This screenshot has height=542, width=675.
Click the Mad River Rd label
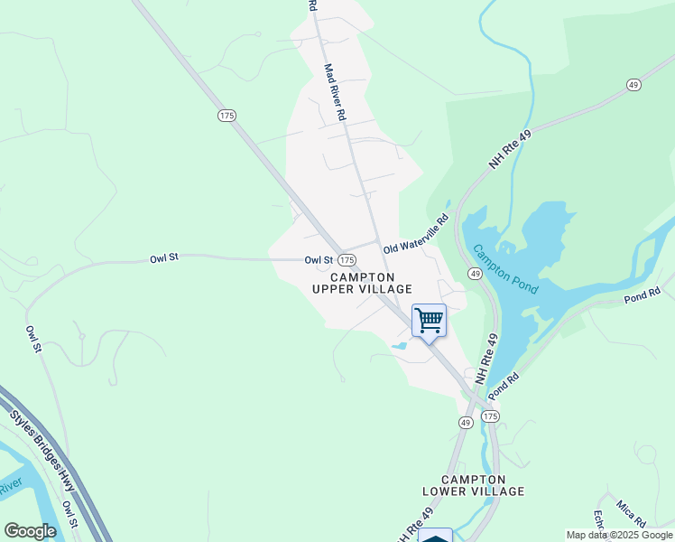coord(334,92)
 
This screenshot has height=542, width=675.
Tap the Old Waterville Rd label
coord(416,234)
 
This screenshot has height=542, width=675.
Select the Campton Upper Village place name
coord(362,283)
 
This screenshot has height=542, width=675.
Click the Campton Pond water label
coord(505,269)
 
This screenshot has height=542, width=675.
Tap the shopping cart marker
coord(429,321)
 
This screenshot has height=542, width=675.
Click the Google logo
coord(30,531)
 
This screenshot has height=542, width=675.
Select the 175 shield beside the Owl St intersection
coord(347,260)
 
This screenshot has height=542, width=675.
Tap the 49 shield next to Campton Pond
coord(475,273)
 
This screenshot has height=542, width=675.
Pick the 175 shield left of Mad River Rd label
coord(227,115)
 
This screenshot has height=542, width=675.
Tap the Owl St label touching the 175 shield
coord(319,260)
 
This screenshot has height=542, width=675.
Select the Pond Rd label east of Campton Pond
coord(643,295)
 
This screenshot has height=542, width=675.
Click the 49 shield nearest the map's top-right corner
coord(633,85)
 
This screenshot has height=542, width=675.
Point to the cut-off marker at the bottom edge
coord(436,536)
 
